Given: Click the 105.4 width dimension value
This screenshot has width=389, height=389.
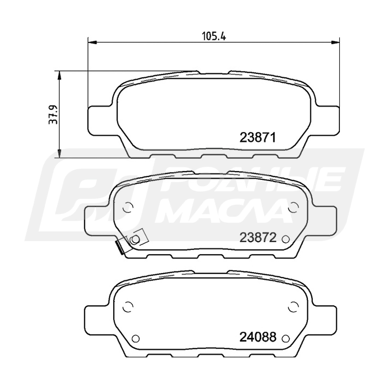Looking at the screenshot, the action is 214,36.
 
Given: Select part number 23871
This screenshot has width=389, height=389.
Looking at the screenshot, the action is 258,137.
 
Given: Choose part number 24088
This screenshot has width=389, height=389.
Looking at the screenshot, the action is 258,337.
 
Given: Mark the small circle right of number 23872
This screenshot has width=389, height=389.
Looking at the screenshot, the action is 286,239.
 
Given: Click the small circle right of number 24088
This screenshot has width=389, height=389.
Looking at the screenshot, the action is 286,338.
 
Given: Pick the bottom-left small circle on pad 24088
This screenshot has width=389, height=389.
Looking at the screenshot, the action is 136,338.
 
